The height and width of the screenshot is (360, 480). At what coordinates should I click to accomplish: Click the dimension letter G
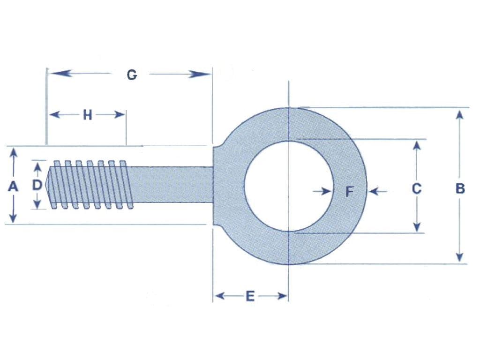click(x=132, y=75)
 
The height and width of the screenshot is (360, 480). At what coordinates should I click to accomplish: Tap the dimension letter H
click(x=88, y=115)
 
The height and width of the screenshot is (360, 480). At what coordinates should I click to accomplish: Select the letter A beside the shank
click(x=13, y=186)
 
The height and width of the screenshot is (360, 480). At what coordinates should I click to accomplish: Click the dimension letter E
click(x=250, y=296)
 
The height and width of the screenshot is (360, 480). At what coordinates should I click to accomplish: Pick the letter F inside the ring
click(x=349, y=191)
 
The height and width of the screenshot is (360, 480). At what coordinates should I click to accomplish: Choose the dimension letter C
click(x=416, y=188)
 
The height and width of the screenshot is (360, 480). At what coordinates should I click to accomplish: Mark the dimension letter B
click(x=460, y=188)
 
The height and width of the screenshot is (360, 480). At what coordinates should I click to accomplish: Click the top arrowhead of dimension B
click(x=460, y=114)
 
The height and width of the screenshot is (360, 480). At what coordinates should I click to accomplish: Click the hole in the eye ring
click(x=288, y=186)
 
